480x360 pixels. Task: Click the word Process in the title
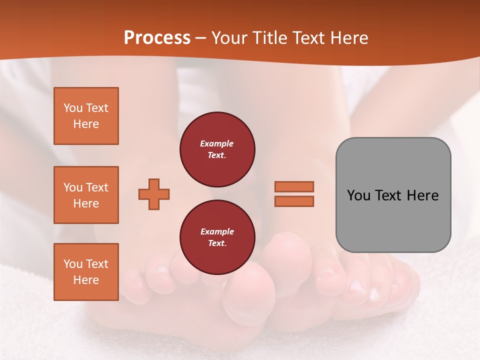(157, 37)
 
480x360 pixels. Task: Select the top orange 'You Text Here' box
(86, 116)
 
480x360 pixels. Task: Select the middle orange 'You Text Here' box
(86, 195)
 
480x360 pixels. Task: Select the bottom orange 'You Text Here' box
(86, 271)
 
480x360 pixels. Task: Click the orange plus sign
(154, 193)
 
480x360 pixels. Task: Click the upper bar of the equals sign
(294, 187)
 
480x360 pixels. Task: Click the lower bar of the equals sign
(294, 201)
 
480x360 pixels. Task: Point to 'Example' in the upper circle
(217, 143)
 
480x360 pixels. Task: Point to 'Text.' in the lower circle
(217, 243)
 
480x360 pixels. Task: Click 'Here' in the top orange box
(86, 124)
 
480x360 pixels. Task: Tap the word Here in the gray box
(423, 195)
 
